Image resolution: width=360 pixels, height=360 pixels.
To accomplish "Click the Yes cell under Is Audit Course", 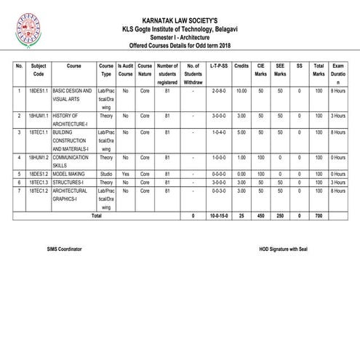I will pos(125,174).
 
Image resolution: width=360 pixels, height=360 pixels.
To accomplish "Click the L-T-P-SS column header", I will pos(217,65).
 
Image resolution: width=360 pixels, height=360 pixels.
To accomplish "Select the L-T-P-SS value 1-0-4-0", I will pos(217,132).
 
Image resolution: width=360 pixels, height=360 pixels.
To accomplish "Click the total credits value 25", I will pos(241,216).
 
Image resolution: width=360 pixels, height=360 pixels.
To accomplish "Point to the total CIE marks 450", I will pos(261,216).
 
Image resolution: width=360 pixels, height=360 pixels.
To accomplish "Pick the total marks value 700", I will pos(318,216).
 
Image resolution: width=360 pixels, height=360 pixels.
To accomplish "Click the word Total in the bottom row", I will pos(96,216).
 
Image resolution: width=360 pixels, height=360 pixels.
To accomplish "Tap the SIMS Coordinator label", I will pos(64,249).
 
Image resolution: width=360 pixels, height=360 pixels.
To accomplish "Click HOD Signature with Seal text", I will pos(284,249).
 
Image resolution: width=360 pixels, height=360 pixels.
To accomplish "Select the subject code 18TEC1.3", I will pos(39,182).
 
